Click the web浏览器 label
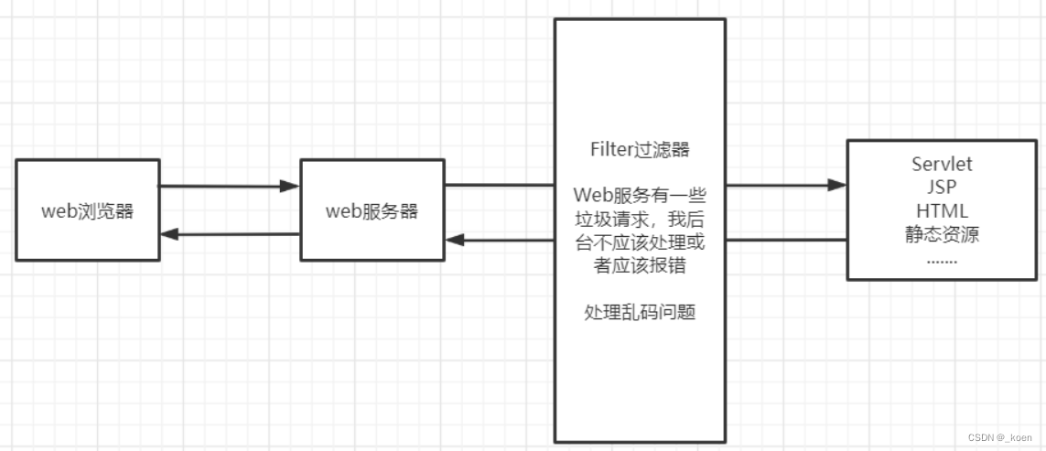click(x=88, y=211)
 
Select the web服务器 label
click(x=372, y=211)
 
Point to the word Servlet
click(x=942, y=165)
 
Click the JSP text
click(x=942, y=188)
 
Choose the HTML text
click(x=942, y=211)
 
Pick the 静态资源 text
click(x=942, y=235)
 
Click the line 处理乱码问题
click(x=640, y=312)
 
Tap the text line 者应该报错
click(x=640, y=266)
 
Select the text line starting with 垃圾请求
click(x=640, y=220)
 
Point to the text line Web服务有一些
click(x=640, y=196)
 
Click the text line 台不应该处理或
click(x=640, y=243)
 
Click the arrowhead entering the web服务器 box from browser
click(x=291, y=187)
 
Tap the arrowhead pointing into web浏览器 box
click(x=169, y=234)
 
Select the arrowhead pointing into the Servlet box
click(x=836, y=185)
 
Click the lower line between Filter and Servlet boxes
click(x=786, y=240)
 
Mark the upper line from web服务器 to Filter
click(x=500, y=185)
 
